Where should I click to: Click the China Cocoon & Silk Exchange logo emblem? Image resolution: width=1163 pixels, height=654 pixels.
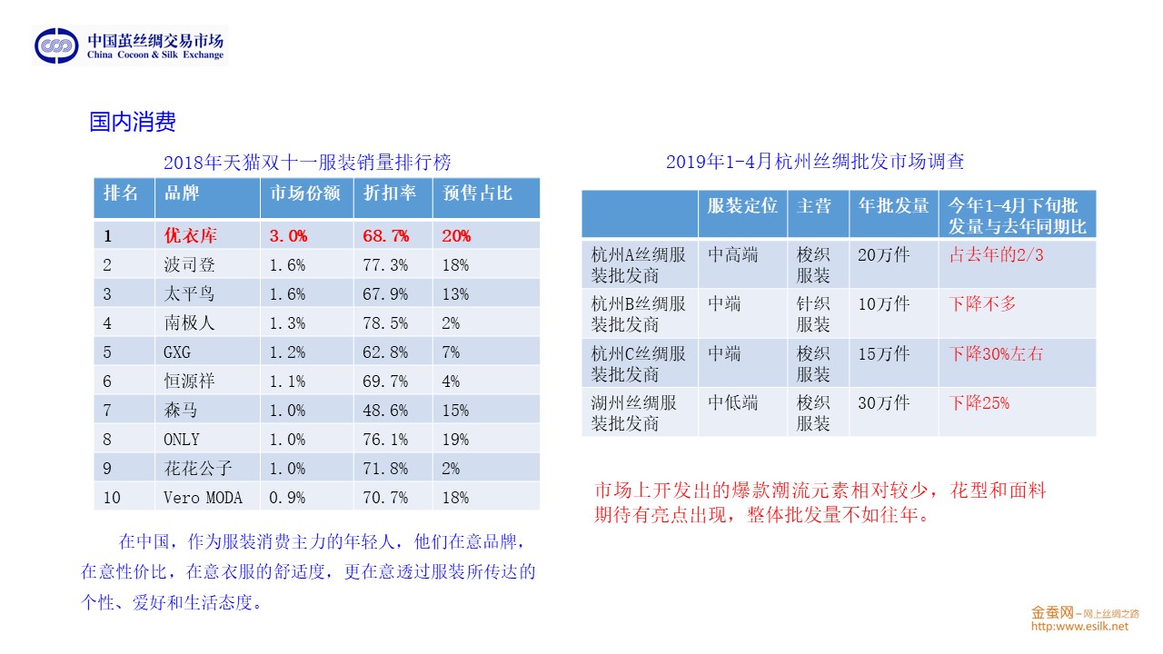pyautogui.click(x=56, y=45)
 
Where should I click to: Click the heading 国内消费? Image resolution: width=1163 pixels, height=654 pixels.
pyautogui.click(x=132, y=122)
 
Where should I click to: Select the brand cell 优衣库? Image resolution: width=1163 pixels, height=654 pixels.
pyautogui.click(x=190, y=236)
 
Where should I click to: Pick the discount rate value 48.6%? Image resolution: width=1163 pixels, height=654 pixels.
pyautogui.click(x=385, y=411)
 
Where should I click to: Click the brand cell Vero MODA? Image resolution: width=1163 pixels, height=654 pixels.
pyautogui.click(x=203, y=498)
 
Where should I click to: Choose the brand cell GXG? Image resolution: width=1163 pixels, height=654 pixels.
pyautogui.click(x=177, y=352)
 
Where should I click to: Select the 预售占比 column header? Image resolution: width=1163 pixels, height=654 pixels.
pyautogui.click(x=478, y=193)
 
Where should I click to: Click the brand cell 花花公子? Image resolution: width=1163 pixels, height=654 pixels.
pyautogui.click(x=198, y=469)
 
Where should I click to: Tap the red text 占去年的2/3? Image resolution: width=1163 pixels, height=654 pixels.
pyautogui.click(x=997, y=255)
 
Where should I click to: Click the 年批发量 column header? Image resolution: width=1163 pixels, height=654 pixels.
pyautogui.click(x=893, y=205)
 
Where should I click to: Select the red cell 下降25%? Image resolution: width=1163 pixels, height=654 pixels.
pyautogui.click(x=979, y=402)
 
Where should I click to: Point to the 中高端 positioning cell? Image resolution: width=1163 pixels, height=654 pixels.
pyautogui.click(x=732, y=255)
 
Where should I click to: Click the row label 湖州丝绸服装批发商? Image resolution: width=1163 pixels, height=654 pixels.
pyautogui.click(x=634, y=412)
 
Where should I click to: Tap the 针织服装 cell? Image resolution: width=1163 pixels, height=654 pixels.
pyautogui.click(x=813, y=313)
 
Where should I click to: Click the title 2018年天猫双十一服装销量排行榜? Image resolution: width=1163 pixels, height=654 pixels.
pyautogui.click(x=307, y=163)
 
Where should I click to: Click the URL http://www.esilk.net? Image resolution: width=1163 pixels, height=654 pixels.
pyautogui.click(x=1079, y=626)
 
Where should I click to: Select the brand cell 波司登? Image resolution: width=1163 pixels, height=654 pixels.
pyautogui.click(x=190, y=265)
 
